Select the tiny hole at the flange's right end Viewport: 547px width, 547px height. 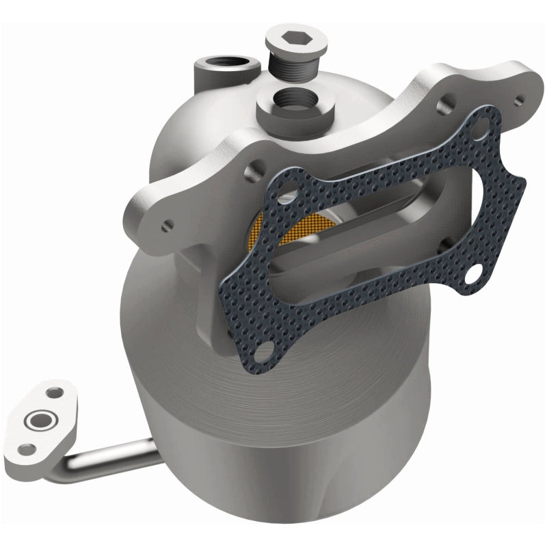519,99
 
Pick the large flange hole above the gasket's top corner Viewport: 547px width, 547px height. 448,103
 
